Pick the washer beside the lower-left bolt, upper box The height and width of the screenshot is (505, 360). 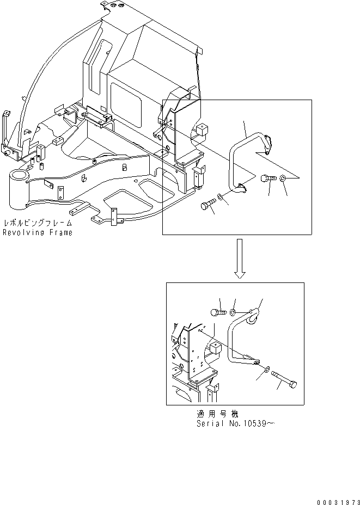[x=219, y=196]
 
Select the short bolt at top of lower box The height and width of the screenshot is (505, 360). [x=217, y=312]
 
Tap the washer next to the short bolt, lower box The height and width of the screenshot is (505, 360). [x=233, y=312]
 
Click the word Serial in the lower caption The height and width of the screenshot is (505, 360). [x=210, y=423]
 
